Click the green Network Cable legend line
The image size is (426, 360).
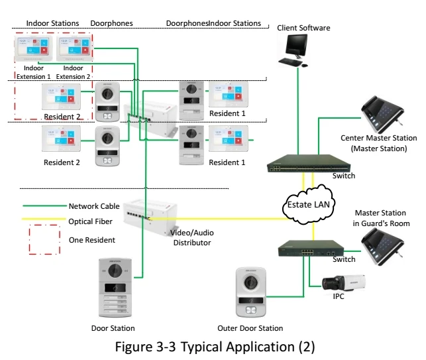[42, 206]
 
